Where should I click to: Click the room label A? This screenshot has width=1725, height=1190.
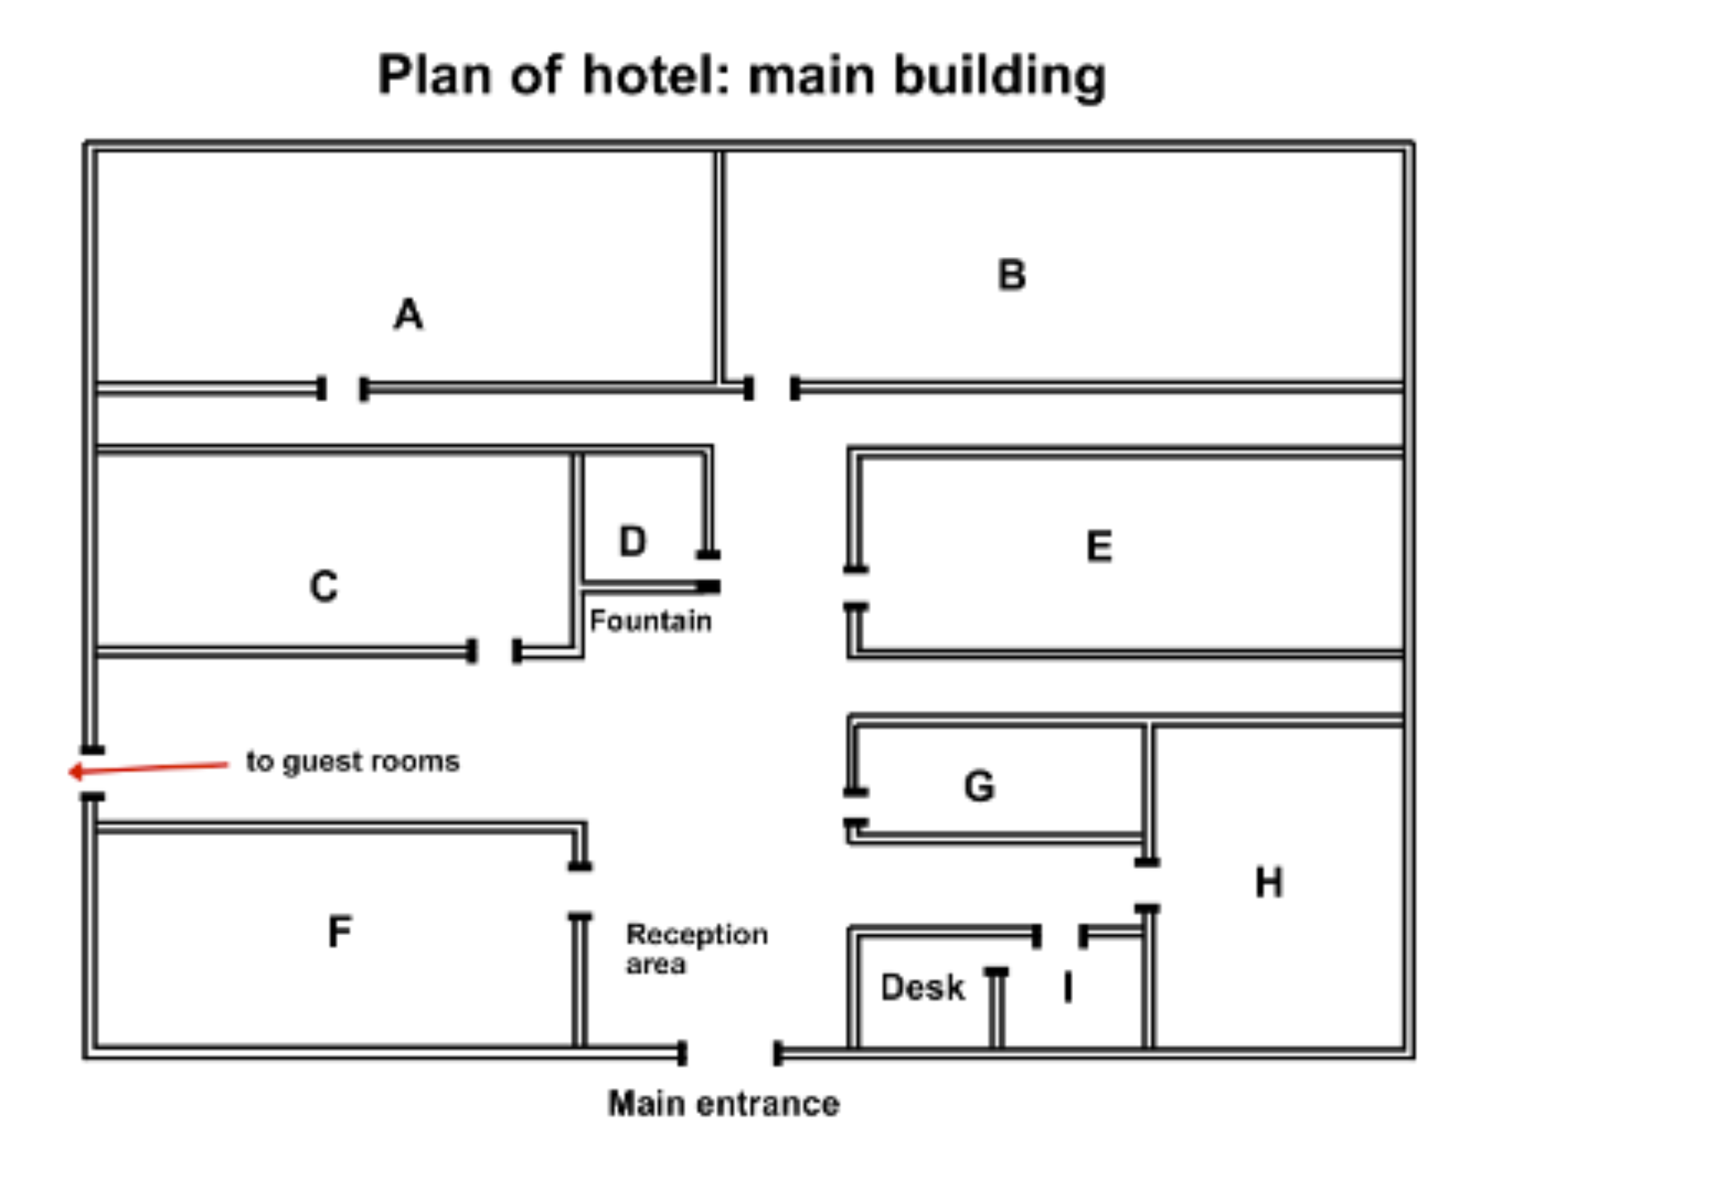408,314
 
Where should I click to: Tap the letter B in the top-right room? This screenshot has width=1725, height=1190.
1012,275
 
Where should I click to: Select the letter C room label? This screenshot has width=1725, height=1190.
324,586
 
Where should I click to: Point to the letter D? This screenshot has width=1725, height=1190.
632,541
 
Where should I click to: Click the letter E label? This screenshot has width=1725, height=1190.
1100,546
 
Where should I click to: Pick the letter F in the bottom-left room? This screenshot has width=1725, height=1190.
340,932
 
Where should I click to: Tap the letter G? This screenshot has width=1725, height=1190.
979,786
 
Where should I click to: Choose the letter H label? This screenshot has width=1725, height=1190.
1269,883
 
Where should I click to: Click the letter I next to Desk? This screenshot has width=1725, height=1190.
1068,987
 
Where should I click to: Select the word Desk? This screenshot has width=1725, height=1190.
923,987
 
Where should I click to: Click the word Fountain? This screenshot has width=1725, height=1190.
650,621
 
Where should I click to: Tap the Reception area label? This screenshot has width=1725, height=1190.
697,948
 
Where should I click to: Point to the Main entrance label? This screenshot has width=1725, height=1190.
724,1104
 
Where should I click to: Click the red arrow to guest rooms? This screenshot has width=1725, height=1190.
148,769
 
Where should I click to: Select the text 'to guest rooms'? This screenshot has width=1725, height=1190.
353,762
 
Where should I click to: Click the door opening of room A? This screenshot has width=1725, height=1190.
343,389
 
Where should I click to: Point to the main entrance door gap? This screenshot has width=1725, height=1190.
731,1053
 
